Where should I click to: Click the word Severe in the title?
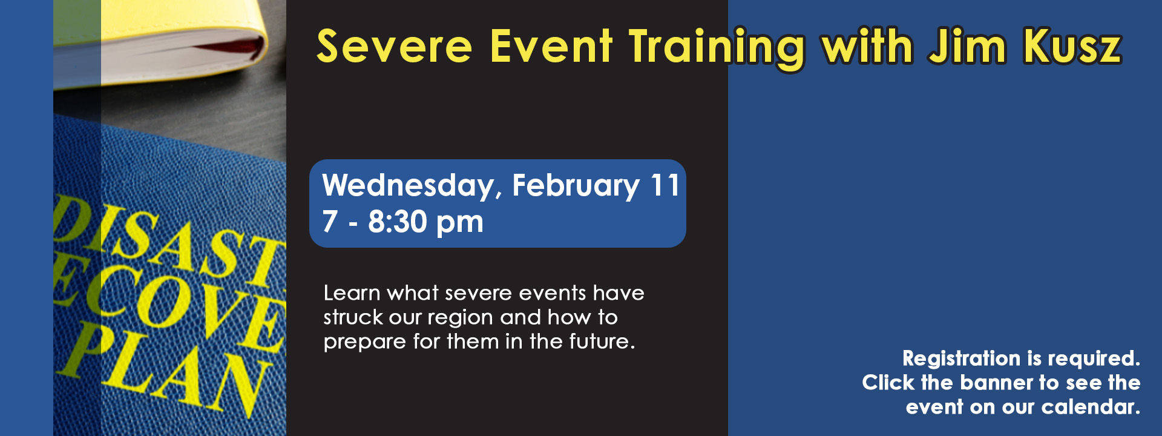(x=394, y=47)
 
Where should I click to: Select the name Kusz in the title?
(x=1072, y=47)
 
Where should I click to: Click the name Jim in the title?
(x=968, y=47)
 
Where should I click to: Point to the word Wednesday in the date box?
(x=408, y=185)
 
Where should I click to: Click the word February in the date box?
(x=576, y=185)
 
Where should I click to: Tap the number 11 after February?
(x=665, y=185)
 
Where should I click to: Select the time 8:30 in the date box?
(x=398, y=222)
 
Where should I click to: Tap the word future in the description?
(x=601, y=342)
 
